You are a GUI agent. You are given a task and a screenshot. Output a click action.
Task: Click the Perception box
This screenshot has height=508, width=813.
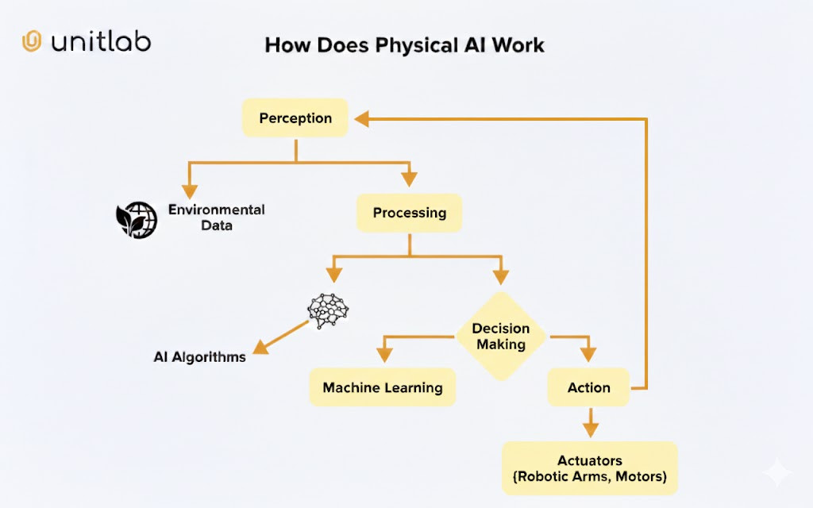pos(295,118)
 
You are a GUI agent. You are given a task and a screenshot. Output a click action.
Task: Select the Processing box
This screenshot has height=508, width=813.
pos(409,213)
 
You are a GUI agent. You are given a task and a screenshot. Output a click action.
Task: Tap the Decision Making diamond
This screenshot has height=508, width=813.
pos(500,337)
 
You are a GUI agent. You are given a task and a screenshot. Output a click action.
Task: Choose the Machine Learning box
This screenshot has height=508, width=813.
pos(382,387)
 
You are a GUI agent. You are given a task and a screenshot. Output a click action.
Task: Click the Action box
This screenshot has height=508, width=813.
pos(588,387)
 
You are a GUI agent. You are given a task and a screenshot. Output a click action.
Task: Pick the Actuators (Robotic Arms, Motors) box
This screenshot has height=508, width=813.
pos(589,468)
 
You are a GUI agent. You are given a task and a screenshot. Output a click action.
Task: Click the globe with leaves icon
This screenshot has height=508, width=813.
pos(137,218)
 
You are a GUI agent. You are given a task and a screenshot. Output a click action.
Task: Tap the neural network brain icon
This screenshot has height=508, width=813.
pos(328,311)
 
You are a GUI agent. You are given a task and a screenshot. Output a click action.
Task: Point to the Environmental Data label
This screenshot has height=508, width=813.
pos(216,217)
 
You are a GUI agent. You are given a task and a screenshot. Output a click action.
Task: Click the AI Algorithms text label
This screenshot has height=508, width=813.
pos(199,357)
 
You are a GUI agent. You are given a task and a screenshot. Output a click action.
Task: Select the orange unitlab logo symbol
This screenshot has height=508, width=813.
pos(32,41)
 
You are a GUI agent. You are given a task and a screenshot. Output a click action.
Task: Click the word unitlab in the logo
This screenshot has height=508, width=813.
pos(101,41)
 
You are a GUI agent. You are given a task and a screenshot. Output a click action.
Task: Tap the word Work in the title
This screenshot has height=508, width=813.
pos(518,44)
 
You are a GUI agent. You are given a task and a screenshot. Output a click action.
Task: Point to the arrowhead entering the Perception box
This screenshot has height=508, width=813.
pos(362,119)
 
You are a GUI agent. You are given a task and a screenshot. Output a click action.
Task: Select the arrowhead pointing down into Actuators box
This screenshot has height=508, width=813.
pos(589,429)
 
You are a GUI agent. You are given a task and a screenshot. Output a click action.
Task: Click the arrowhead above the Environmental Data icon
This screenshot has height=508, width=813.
pos(189,191)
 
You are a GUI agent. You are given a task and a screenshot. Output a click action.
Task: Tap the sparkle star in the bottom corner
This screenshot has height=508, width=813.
pos(777,473)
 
